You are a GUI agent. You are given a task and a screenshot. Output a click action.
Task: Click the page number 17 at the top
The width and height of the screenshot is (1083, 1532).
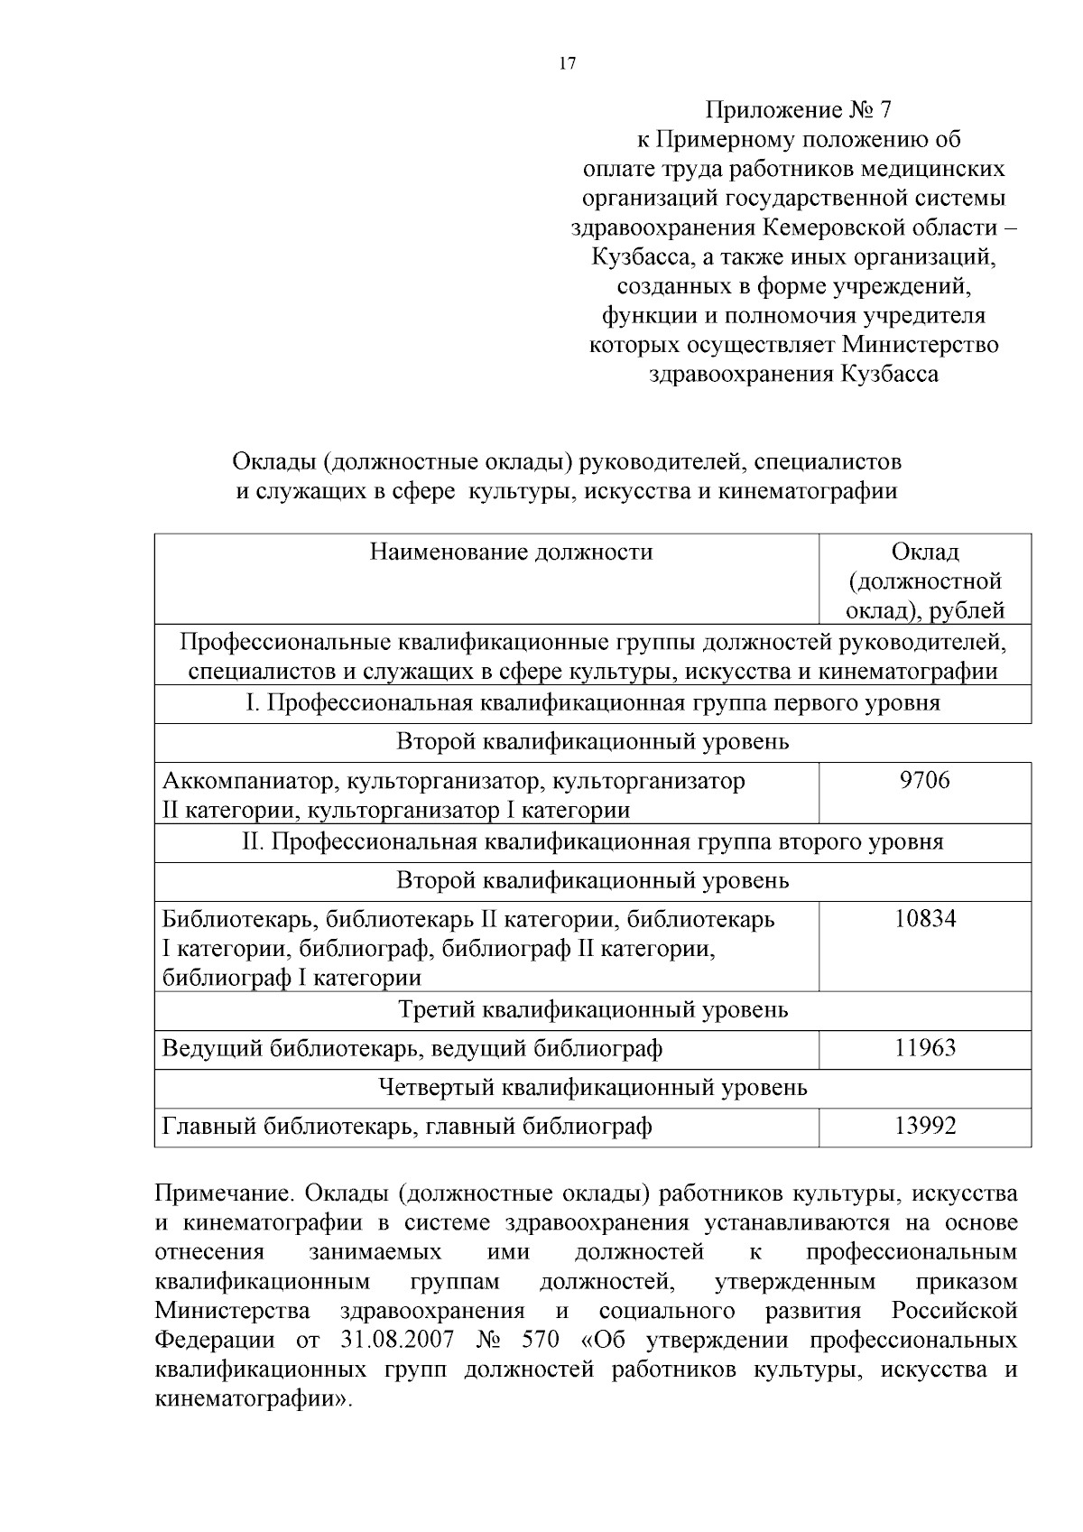point(568,64)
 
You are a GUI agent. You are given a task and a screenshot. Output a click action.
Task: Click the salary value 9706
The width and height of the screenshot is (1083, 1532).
point(925,780)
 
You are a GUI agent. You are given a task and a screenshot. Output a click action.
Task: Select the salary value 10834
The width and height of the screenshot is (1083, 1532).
point(925,919)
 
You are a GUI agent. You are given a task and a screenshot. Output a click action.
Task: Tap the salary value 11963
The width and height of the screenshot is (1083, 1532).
point(925,1048)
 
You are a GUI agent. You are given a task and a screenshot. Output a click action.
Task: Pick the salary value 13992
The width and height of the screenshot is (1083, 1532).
point(925,1126)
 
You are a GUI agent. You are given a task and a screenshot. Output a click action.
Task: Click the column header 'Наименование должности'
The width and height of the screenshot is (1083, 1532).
point(511,552)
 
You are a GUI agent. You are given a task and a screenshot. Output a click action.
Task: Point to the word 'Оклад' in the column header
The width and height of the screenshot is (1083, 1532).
point(925,552)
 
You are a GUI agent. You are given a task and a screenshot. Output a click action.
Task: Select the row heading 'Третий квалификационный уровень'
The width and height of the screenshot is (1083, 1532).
point(593,1009)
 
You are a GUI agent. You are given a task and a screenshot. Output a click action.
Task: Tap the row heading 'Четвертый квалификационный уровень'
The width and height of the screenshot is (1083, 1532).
point(593,1087)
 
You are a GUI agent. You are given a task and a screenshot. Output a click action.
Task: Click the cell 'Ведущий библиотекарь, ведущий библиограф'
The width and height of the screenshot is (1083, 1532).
point(412,1048)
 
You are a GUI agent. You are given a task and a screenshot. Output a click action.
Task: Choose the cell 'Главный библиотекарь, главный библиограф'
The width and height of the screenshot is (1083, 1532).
point(406,1126)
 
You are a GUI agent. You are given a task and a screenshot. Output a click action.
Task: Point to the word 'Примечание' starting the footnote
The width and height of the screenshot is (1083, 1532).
point(224,1193)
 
